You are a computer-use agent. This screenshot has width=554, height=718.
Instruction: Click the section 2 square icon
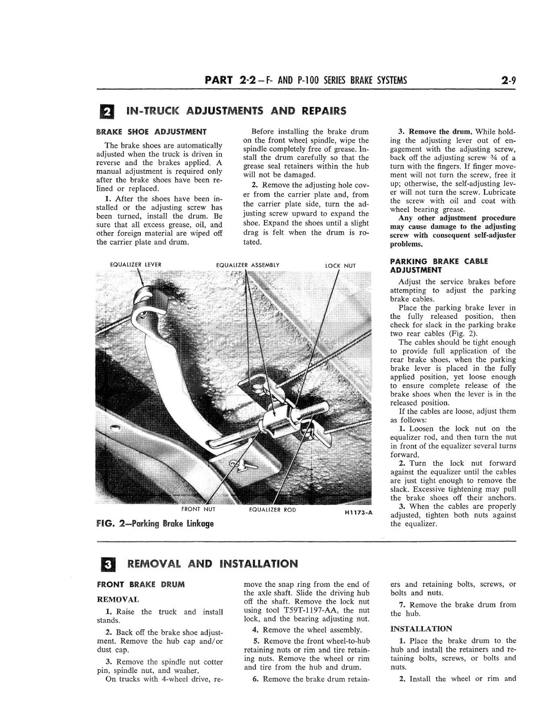coord(108,112)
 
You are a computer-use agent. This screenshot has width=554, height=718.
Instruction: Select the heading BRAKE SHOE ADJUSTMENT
coord(152,132)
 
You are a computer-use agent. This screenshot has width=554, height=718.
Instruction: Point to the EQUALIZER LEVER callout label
coord(136,265)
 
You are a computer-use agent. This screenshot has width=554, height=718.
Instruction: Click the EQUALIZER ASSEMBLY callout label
coord(248,265)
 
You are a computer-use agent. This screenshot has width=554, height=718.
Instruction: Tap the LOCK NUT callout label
coord(340,266)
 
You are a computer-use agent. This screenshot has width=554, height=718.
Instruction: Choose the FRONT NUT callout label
coord(198,509)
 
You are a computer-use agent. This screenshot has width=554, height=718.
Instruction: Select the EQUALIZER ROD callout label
coord(272,510)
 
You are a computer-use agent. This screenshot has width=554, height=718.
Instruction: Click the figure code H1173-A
coord(358,513)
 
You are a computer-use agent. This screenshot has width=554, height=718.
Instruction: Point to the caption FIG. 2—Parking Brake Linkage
coord(155,524)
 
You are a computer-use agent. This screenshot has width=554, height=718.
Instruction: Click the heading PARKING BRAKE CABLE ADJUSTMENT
coord(439,266)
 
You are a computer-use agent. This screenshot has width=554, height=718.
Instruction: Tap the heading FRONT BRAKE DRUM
coord(141,584)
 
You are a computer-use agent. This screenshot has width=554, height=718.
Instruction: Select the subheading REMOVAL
coord(118,599)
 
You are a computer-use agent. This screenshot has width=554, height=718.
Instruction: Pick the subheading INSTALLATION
coord(421,628)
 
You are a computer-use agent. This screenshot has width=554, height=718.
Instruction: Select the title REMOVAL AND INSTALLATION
coord(212,564)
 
